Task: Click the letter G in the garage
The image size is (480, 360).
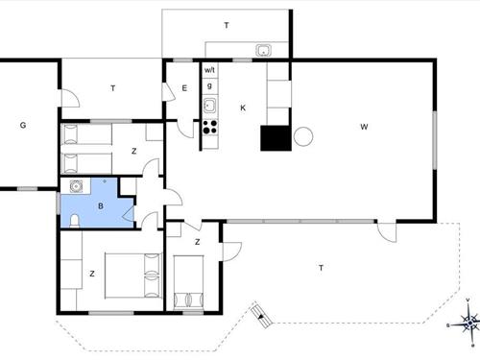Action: coord(23,125)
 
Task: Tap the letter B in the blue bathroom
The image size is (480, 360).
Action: coord(101,205)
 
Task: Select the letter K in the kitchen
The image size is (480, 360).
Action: coord(243,108)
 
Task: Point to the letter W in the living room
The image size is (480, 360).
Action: coord(364,127)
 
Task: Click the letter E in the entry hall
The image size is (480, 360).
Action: coord(184,88)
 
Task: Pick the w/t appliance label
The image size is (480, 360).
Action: coord(209,70)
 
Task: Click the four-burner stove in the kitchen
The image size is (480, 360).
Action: coord(210,127)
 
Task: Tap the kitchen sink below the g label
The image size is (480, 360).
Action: coord(210,106)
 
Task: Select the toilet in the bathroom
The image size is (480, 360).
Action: coord(75,221)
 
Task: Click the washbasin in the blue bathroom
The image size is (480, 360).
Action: coord(76,186)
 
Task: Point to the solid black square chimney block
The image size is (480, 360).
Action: coord(276,138)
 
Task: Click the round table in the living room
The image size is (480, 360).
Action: coord(303,136)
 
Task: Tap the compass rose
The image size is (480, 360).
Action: coord(469,323)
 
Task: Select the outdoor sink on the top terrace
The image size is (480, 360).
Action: coord(263,50)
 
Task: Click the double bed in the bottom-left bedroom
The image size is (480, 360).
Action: coord(133,276)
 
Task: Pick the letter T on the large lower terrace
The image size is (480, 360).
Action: coord(321,268)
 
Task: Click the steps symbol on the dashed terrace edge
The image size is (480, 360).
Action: coord(261,316)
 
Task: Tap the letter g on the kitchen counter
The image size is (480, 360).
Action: coord(209,85)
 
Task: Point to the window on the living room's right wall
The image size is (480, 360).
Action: coord(435,140)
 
